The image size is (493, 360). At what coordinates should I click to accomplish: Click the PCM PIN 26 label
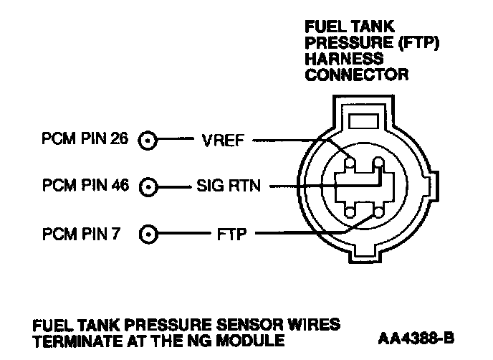click(x=85, y=138)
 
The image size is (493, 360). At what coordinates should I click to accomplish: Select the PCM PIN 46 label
click(x=85, y=185)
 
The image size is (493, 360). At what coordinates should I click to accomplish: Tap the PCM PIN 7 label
click(x=81, y=234)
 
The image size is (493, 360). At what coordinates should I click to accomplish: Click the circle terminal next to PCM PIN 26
click(x=148, y=140)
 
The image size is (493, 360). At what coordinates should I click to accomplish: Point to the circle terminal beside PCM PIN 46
click(x=148, y=187)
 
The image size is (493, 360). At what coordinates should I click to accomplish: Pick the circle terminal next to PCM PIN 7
click(x=148, y=234)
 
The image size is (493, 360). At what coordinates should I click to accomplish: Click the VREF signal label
click(x=223, y=141)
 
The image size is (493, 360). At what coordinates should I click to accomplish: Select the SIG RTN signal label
click(x=229, y=186)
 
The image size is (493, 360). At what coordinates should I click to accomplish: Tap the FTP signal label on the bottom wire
click(x=231, y=234)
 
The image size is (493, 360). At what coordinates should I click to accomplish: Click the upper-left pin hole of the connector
click(x=350, y=163)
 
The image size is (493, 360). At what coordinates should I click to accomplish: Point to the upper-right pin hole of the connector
click(x=378, y=162)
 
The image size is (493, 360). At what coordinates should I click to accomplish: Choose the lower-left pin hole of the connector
click(x=350, y=212)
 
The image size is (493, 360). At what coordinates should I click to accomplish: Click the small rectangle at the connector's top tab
click(x=363, y=121)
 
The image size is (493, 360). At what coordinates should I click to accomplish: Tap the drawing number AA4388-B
click(x=416, y=338)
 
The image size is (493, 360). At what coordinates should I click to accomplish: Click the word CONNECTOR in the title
click(x=357, y=75)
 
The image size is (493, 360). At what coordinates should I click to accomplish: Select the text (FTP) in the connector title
click(x=418, y=43)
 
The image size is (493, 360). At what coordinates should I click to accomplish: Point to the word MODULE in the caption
click(x=251, y=341)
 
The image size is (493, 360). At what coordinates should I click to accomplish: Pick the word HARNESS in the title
click(x=344, y=59)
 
